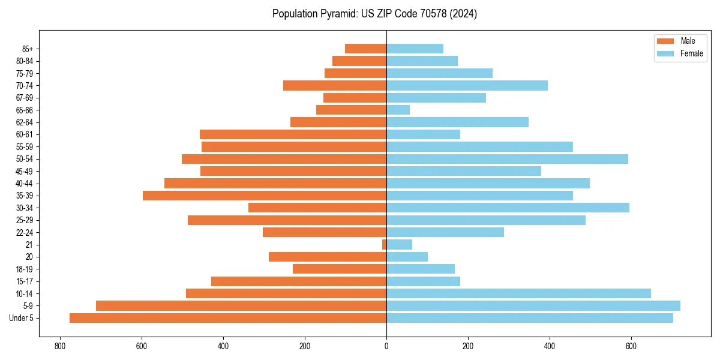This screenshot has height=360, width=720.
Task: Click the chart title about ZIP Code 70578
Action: coord(374,14)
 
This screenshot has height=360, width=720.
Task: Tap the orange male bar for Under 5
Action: coord(228,318)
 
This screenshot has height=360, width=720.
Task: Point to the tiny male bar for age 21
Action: coord(384,245)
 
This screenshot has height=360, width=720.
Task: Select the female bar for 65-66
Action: coord(398,110)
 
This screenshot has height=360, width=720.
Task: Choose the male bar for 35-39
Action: coord(265,196)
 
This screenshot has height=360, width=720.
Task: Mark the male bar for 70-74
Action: coord(335,85)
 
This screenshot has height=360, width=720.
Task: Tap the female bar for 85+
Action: coord(415,49)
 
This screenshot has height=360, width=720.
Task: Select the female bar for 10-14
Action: coord(518,293)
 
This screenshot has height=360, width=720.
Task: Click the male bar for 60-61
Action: coord(293,134)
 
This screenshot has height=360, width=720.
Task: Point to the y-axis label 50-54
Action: coord(24,159)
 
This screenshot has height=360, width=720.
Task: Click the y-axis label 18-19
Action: coord(24,269)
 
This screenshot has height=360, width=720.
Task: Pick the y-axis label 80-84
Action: coord(24,61)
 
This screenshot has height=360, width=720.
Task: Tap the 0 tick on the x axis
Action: coord(386,346)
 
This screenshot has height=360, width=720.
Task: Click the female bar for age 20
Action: coord(407,257)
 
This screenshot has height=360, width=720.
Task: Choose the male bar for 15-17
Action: coord(299,281)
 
